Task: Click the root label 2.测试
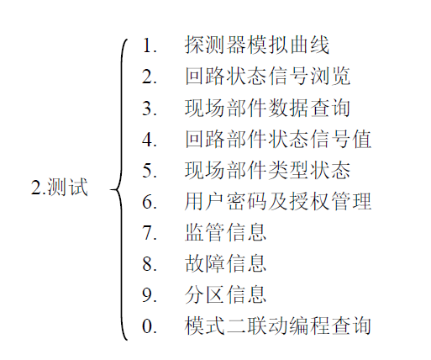[x=60, y=187]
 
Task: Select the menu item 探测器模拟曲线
[x=256, y=45]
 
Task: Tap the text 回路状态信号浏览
[x=267, y=76]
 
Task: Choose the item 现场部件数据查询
[x=267, y=108]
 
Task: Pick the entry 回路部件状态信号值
[x=278, y=139]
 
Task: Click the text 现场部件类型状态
[x=267, y=170]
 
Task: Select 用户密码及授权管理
[x=278, y=201]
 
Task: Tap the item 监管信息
[x=225, y=232]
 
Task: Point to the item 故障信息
[x=225, y=263]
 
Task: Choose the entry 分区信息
[x=225, y=294]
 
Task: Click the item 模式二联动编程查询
[x=278, y=326]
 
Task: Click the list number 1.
[x=150, y=45]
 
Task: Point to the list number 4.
[x=150, y=140]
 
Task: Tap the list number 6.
[x=150, y=202]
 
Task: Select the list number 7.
[x=150, y=233]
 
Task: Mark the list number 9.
[x=150, y=295]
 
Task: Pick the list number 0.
[x=150, y=326]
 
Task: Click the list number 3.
[x=150, y=109]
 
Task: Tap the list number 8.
[x=150, y=264]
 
